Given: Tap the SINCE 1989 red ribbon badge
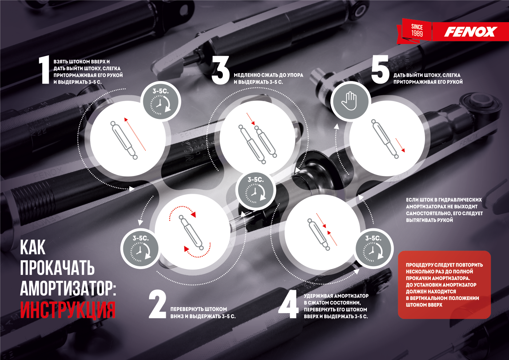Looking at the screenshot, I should (x=417, y=31).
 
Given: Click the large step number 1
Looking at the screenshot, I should (x=44, y=71).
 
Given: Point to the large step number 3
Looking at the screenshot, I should (x=220, y=71).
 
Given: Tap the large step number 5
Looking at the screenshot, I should (x=380, y=71).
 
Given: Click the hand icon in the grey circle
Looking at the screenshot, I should (x=350, y=101).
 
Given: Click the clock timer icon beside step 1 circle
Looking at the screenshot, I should (x=160, y=102).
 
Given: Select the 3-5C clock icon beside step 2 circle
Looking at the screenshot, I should (x=140, y=249).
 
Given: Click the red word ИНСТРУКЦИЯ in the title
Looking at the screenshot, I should (x=68, y=310).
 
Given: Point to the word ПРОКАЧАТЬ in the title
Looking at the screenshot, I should (x=57, y=268).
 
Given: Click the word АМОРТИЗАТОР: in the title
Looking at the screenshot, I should (x=68, y=289).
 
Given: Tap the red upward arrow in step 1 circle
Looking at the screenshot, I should (x=135, y=134).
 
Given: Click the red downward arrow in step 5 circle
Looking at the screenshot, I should (x=400, y=145).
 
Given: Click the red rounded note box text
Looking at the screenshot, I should (x=444, y=285).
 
